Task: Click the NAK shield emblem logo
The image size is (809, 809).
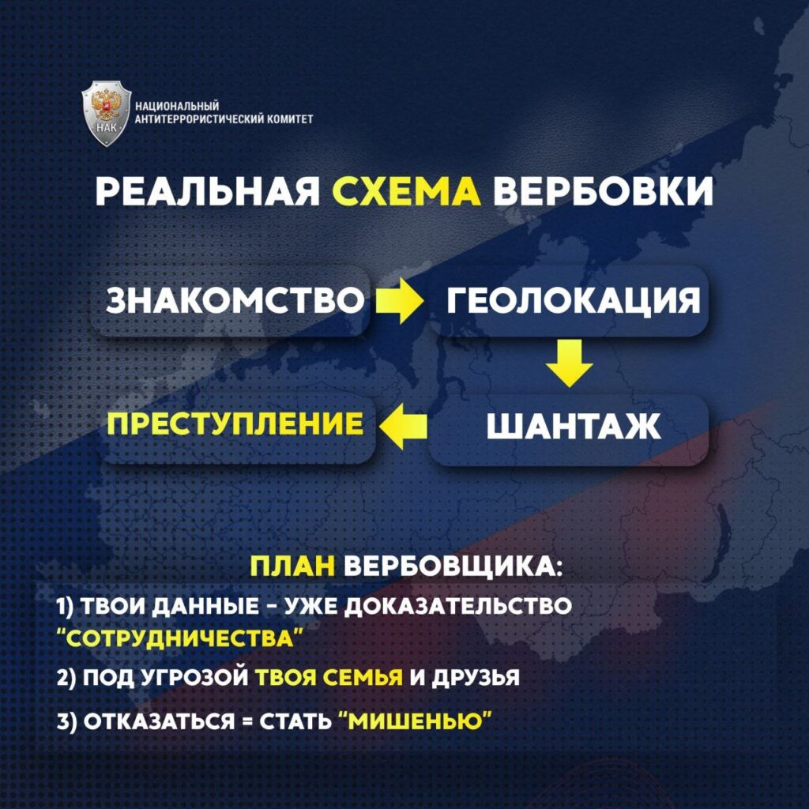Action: click(x=107, y=113)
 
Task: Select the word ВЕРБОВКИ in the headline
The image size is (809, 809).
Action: click(x=603, y=192)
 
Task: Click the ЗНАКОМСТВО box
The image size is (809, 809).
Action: click(x=231, y=301)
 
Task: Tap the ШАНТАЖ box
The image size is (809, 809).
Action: click(x=570, y=427)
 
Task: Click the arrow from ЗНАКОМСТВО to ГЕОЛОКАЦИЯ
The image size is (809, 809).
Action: click(x=399, y=301)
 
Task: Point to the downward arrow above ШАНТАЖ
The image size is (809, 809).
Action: click(x=569, y=363)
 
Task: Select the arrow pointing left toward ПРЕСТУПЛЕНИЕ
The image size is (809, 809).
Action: click(x=404, y=426)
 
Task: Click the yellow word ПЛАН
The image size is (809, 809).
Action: click(x=292, y=567)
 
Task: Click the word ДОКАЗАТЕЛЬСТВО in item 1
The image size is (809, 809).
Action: click(x=457, y=606)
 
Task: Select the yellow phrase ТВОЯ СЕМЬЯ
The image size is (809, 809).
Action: click(x=329, y=677)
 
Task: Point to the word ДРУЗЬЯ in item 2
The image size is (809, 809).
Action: click(x=475, y=677)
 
